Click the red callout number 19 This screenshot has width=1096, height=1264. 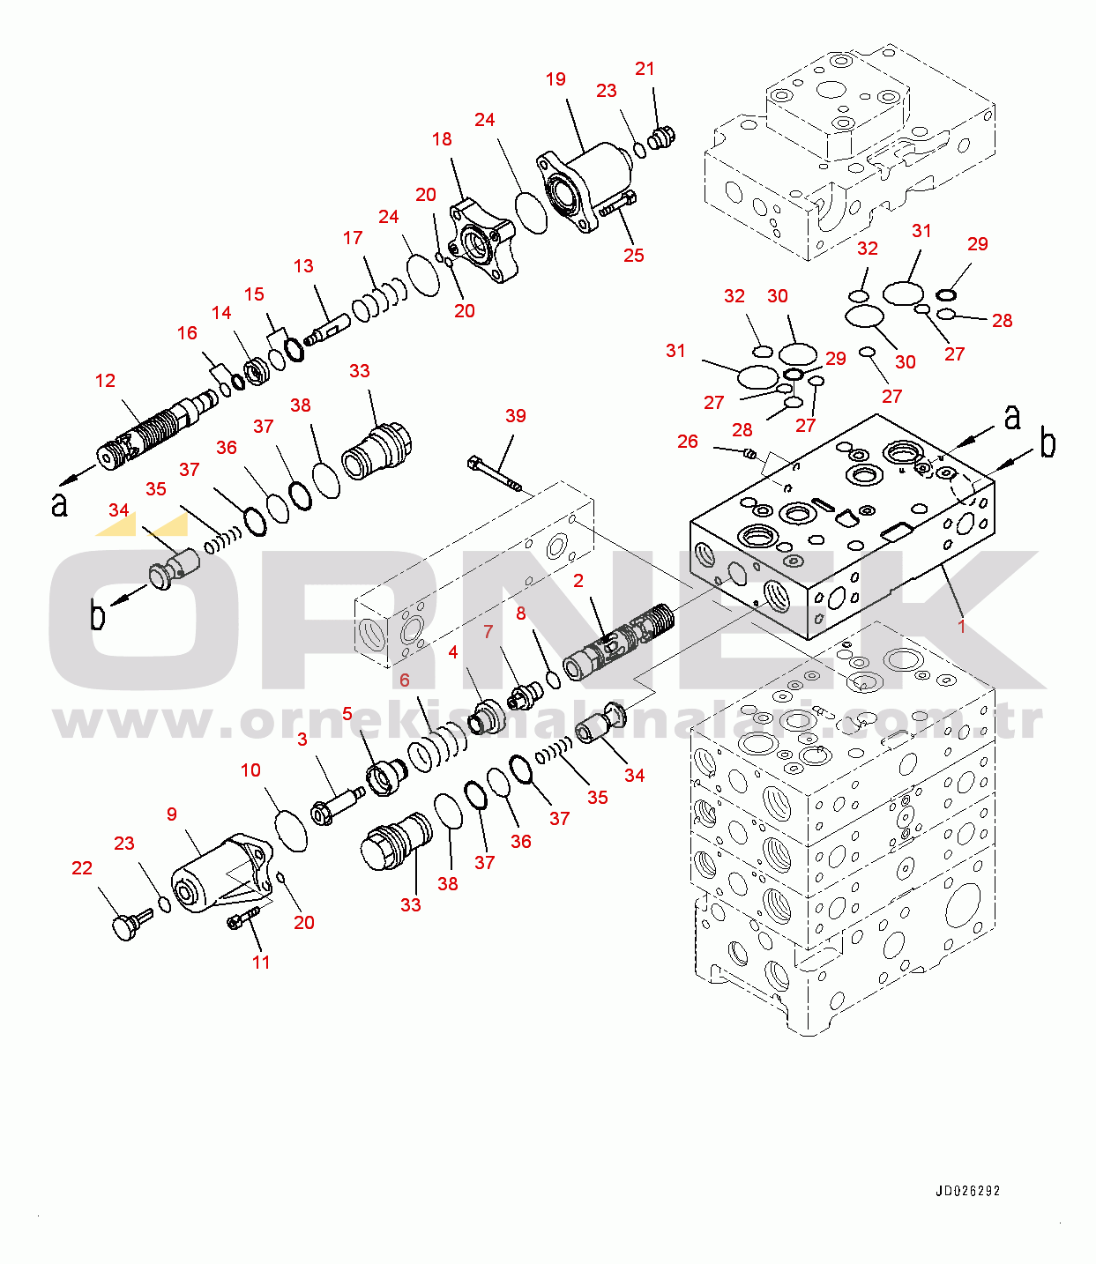(555, 80)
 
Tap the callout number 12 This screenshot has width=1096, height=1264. (105, 381)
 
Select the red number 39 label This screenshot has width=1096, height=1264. (516, 416)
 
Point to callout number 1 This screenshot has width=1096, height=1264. (961, 626)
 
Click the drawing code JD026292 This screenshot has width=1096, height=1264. (968, 1191)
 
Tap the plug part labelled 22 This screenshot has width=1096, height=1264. (129, 926)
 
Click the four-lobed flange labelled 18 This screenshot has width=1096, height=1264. (481, 239)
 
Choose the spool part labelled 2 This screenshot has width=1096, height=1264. (617, 643)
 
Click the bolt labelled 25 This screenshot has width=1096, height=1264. (617, 204)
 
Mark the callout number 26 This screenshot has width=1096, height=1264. (688, 442)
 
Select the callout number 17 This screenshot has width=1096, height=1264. (353, 238)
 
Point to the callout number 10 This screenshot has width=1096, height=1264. (250, 770)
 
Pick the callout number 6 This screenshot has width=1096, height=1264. (404, 680)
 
